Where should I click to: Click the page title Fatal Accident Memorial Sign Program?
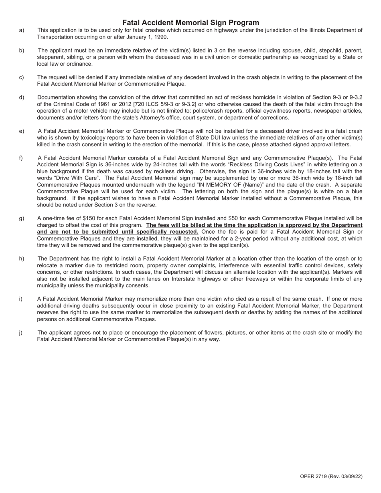pyautogui.click(x=190, y=22)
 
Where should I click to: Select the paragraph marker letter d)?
pyautogui.click(x=21, y=97)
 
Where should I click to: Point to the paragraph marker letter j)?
pyautogui.click(x=21, y=333)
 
